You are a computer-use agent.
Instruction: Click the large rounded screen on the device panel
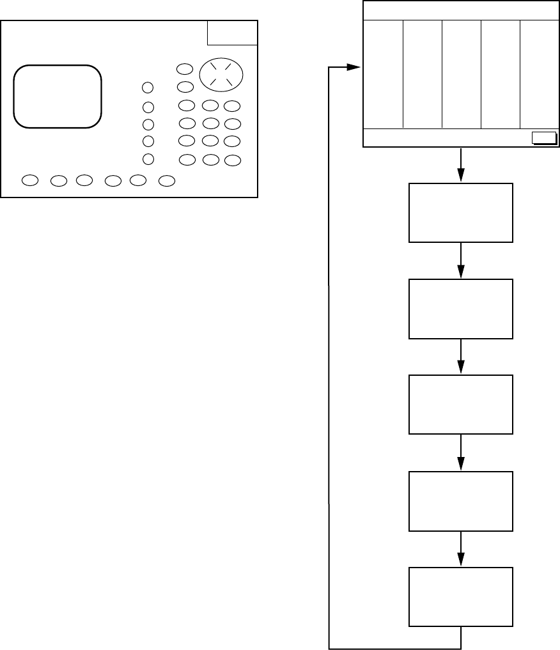[x=58, y=96]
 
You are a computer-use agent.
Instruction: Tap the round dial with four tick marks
[x=221, y=75]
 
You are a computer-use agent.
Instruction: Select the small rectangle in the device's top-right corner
[x=233, y=33]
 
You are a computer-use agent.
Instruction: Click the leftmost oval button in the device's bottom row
[x=29, y=181]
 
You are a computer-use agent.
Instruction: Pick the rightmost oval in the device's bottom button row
[x=167, y=181]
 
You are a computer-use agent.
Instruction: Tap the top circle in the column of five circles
[x=148, y=88]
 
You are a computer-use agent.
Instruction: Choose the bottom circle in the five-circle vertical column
[x=148, y=159]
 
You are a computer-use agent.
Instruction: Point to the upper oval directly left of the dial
[x=185, y=69]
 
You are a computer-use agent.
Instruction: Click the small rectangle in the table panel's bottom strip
[x=544, y=137]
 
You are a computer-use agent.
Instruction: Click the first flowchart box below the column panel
[x=461, y=213]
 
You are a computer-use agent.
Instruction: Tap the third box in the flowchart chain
[x=461, y=405]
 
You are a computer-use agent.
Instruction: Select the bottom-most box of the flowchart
[x=461, y=596]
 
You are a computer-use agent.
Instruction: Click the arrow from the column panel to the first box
[x=461, y=166]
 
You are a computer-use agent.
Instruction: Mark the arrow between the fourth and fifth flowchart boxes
[x=461, y=549]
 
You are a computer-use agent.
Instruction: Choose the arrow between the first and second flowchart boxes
[x=461, y=261]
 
